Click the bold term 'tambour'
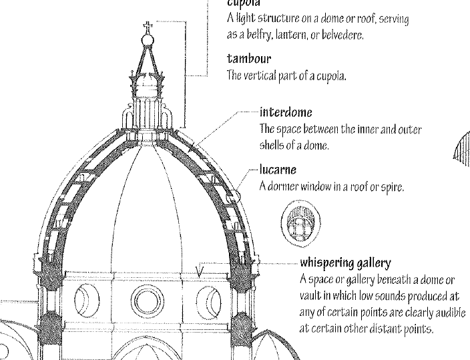[248, 59]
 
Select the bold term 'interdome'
[286, 112]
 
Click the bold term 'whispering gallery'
[345, 262]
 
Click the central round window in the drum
[148, 301]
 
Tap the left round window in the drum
[86, 299]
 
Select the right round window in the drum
[210, 299]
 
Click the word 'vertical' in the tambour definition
[266, 76]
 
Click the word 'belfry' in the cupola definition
[258, 35]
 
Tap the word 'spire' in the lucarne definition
[391, 186]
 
